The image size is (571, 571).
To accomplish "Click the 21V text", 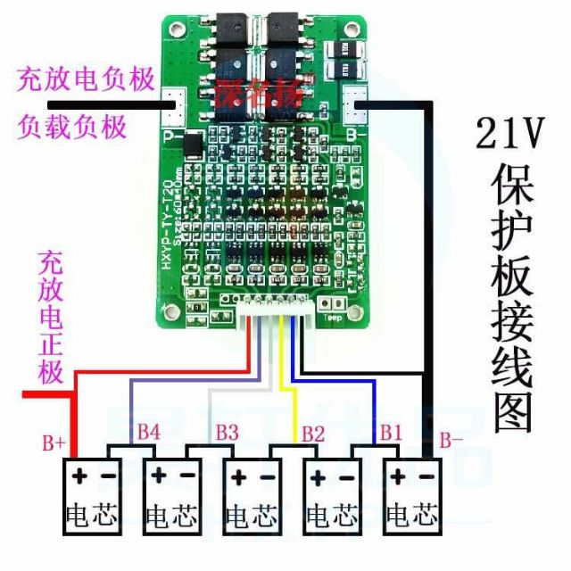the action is (509, 136).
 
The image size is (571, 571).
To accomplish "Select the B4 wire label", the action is (149, 432).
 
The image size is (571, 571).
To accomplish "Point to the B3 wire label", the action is (227, 432).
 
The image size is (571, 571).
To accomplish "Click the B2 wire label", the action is (312, 434).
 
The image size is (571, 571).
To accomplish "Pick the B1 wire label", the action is (391, 432).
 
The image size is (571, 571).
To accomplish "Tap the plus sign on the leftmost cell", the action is (79, 476).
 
